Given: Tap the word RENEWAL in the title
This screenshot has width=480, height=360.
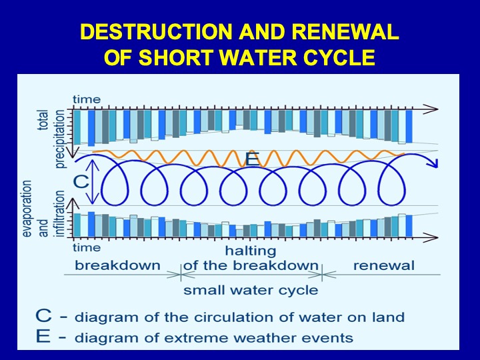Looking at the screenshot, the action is tap(345, 31).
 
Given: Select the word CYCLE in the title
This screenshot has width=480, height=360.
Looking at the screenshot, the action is tap(339, 57).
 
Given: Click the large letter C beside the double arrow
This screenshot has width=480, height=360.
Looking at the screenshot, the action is tap(81, 182).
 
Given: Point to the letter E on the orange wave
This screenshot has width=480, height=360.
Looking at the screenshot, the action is tap(253, 159).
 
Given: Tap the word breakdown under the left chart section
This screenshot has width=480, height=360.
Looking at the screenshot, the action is tap(117, 265).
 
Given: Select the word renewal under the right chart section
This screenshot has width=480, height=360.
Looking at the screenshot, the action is tap(384, 265).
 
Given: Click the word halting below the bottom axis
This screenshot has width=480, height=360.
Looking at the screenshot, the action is tap(251, 251).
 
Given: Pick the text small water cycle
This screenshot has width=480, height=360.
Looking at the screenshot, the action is tap(251, 290).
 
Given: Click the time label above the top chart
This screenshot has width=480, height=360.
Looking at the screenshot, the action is tap(87, 99).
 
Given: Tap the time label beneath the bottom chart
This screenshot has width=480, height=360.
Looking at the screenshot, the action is tap(87, 247).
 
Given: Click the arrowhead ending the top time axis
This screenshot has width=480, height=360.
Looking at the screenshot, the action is tap(431, 109).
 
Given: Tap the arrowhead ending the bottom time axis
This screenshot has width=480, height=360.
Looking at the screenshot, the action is tap(431, 237).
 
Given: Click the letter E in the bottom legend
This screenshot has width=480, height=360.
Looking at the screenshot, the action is tap(43, 336).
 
